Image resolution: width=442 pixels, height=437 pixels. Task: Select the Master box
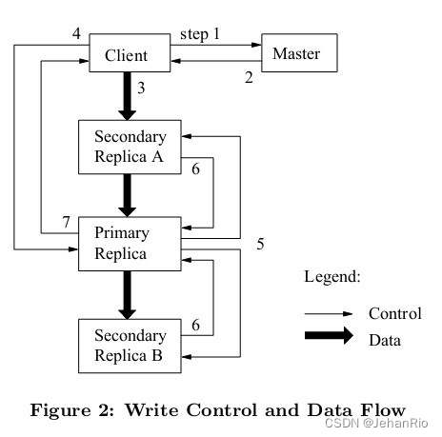[296, 54]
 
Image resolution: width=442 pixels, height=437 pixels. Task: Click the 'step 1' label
[199, 34]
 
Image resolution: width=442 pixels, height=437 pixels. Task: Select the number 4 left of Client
[75, 34]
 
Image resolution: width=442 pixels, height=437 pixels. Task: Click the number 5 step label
[260, 244]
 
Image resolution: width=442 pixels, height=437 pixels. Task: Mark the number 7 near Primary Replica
[66, 223]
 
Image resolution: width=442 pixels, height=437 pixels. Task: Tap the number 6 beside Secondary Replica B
[195, 326]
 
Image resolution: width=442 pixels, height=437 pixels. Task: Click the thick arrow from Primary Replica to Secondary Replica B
[126, 295]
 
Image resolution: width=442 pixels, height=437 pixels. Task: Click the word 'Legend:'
[332, 277]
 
